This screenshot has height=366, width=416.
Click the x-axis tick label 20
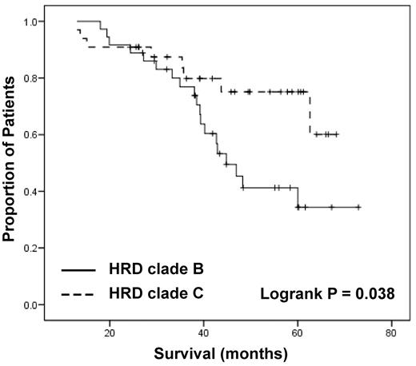click(x=110, y=332)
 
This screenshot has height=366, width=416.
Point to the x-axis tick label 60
click(x=298, y=332)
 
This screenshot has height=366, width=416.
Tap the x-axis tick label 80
click(x=391, y=332)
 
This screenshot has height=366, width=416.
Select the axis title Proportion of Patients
click(x=10, y=160)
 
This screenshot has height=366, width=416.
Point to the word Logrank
click(x=288, y=293)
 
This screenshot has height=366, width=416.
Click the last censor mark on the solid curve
click(x=358, y=207)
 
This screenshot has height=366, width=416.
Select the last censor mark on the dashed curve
click(x=336, y=134)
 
